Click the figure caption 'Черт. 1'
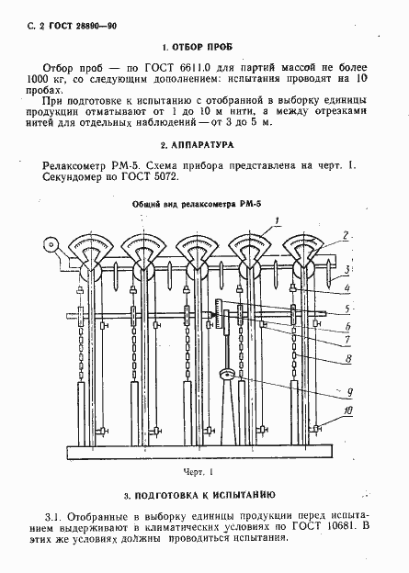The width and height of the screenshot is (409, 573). [197, 473]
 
